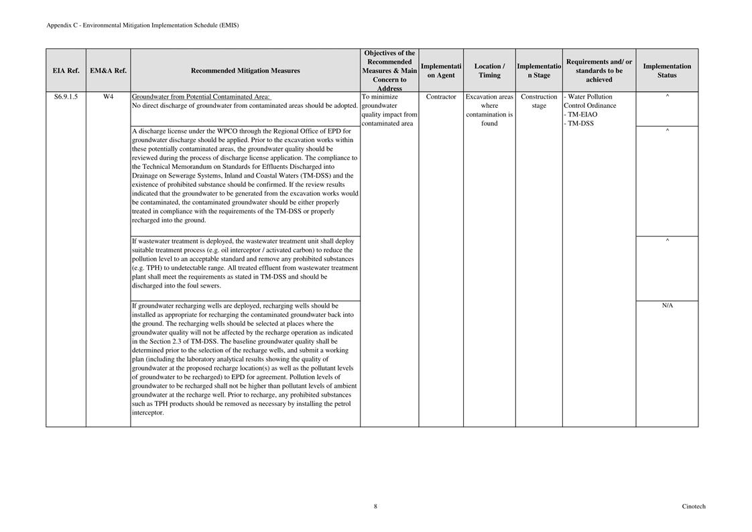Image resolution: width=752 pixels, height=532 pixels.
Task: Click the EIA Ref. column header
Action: tap(66, 70)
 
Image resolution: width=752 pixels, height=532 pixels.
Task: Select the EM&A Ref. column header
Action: tap(108, 70)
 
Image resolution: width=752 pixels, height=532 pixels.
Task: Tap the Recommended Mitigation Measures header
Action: tap(245, 70)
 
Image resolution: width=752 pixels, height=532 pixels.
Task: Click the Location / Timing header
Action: tap(489, 70)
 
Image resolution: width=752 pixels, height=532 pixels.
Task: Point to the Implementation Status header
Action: tap(667, 70)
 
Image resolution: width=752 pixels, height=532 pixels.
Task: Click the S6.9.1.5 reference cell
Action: tap(66, 96)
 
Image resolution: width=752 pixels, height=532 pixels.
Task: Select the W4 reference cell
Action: tap(108, 96)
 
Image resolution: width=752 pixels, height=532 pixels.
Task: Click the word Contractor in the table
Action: tap(441, 96)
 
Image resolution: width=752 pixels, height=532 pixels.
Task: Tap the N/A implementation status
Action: tap(667, 306)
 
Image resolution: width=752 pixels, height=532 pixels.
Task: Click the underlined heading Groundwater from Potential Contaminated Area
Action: tap(201, 96)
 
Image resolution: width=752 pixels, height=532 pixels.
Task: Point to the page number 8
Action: tap(375, 507)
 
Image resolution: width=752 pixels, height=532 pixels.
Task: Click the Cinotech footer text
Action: tap(694, 507)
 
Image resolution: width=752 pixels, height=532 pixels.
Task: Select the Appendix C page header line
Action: tap(142, 25)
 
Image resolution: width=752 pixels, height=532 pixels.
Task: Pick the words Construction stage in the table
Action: tap(539, 101)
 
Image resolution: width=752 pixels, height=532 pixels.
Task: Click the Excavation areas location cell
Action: tap(489, 110)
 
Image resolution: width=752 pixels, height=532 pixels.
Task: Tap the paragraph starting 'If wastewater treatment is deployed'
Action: tap(245, 263)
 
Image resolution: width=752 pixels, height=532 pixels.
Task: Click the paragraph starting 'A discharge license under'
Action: tap(245, 176)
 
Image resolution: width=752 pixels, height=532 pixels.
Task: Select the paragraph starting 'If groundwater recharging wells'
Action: tap(245, 359)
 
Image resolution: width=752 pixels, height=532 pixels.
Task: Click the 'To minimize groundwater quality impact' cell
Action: tap(389, 110)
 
